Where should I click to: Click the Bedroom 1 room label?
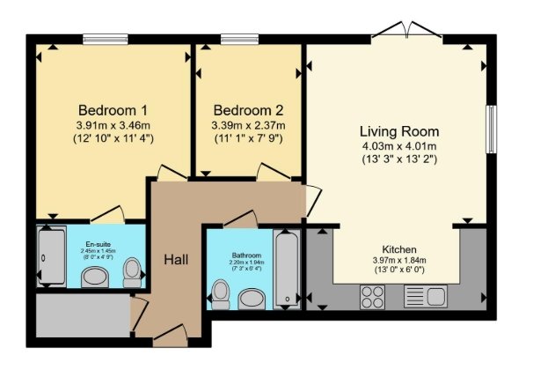pos(113,110)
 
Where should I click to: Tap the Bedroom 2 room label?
pos(249,110)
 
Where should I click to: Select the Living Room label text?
pos(398,129)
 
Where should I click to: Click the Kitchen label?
pos(398,249)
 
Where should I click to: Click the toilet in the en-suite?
pos(133,272)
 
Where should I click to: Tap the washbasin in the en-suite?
pos(94,278)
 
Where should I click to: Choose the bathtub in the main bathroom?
pos(286,269)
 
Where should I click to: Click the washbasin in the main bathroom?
pos(252,300)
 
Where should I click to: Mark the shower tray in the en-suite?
pos(51,256)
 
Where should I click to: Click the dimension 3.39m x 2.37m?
pos(249,125)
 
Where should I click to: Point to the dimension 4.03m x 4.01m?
pos(398,145)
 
